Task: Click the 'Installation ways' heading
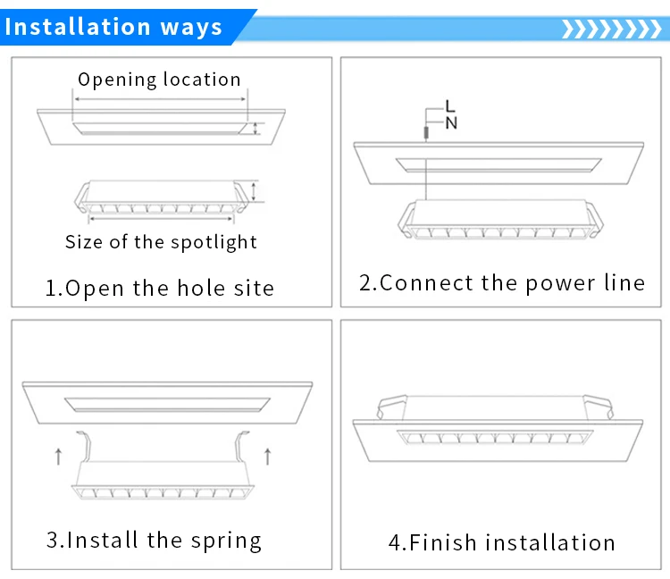pos(113,27)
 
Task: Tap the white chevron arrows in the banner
pos(608,29)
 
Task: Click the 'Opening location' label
pos(159,80)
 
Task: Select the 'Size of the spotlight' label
pos(161,242)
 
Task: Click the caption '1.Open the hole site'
pos(160,288)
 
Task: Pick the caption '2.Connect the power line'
pos(501,283)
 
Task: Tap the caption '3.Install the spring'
pos(154,540)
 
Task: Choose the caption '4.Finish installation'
pos(501,542)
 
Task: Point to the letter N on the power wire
pos(451,123)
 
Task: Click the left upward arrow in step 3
pos(58,456)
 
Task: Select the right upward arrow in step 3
pos(268,456)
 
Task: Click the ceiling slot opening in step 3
pos(166,403)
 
